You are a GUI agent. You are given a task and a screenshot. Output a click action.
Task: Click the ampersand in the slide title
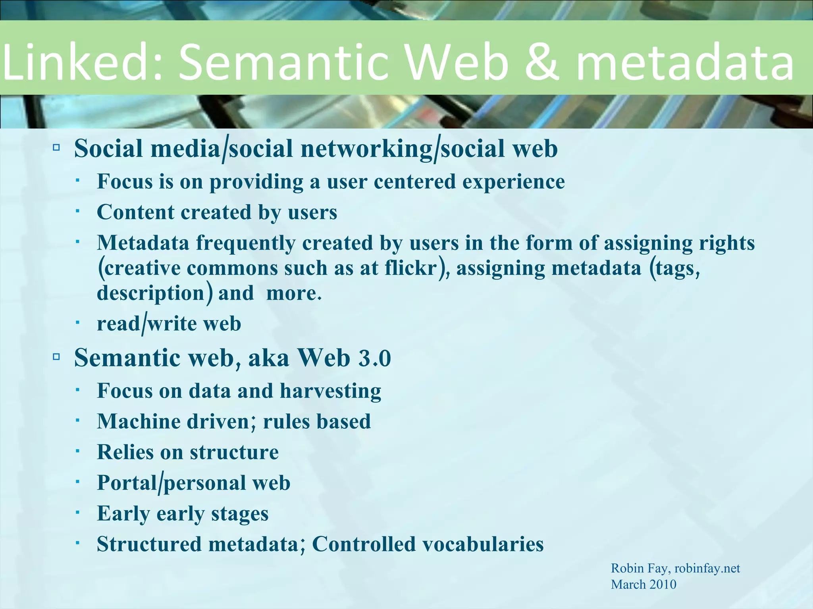541,61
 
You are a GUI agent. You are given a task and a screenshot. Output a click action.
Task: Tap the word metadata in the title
685,61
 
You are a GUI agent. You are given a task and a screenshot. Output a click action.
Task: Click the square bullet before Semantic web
56,357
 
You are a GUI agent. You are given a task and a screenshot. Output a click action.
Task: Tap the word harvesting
330,391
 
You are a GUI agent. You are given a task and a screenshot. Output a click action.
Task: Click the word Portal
127,483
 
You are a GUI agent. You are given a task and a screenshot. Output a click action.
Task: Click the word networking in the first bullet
366,149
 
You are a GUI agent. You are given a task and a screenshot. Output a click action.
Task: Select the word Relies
125,452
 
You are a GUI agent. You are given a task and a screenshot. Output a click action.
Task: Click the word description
150,293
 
